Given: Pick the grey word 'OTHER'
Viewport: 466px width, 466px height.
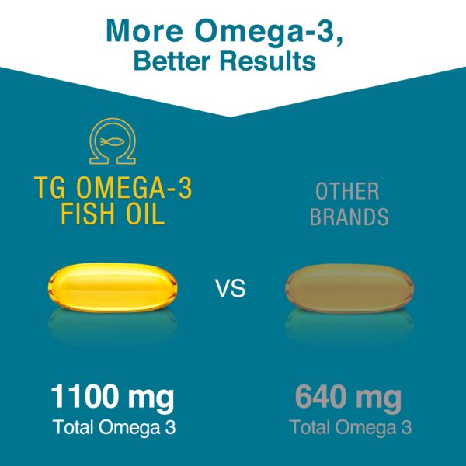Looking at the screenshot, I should (x=347, y=190).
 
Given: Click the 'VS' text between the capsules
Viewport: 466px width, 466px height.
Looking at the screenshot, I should (x=230, y=290).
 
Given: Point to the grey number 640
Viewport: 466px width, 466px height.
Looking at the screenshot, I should (x=322, y=398).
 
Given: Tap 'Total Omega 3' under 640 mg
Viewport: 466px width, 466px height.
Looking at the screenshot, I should (x=350, y=427).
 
